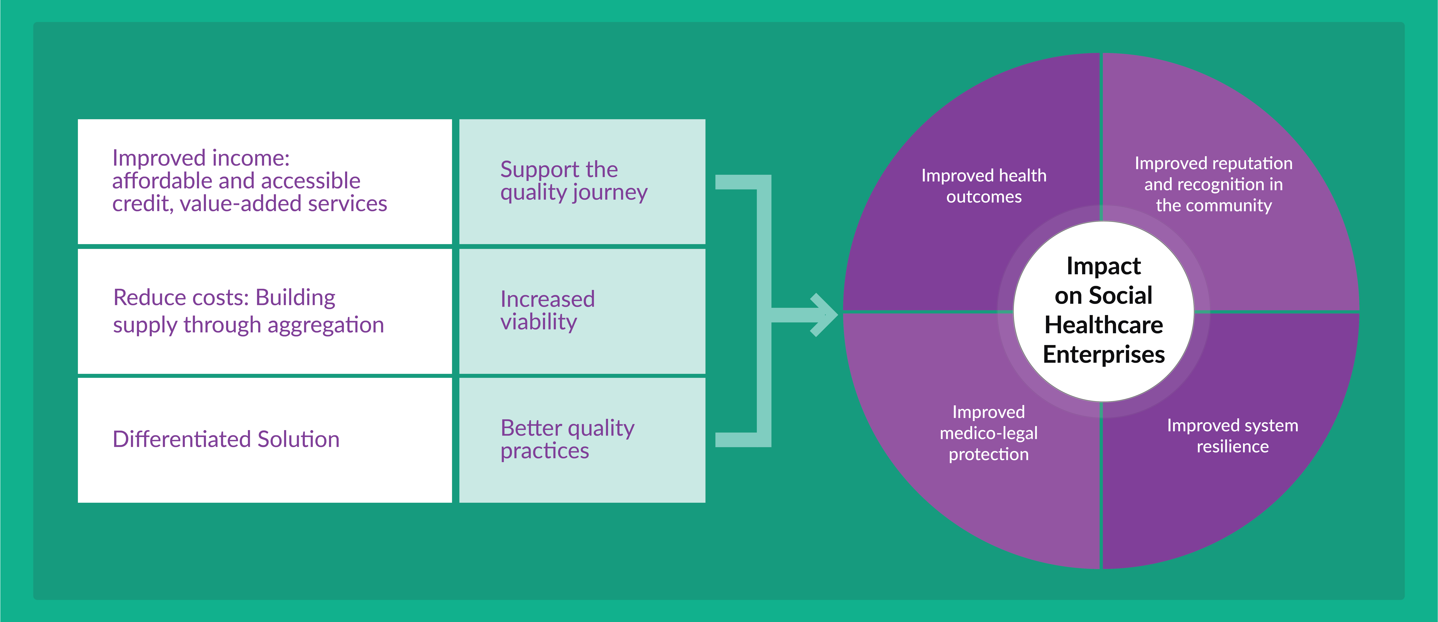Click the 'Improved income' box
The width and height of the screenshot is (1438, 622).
click(x=265, y=181)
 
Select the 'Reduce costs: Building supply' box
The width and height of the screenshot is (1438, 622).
click(x=265, y=311)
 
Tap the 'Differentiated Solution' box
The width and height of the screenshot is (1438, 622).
click(x=265, y=440)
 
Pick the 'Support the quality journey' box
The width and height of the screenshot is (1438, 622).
click(x=582, y=181)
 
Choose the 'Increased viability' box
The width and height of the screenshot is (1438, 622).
click(x=582, y=311)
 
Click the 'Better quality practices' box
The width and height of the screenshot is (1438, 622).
click(x=582, y=440)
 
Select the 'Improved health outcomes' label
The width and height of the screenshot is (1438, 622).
click(x=984, y=186)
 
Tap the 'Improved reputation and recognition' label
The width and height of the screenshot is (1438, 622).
click(x=1214, y=184)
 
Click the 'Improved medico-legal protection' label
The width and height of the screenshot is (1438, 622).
click(x=989, y=433)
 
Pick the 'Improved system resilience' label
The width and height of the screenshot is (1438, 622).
click(x=1233, y=436)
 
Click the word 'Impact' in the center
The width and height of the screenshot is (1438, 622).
click(x=1104, y=266)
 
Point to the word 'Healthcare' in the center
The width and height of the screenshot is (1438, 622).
click(x=1104, y=325)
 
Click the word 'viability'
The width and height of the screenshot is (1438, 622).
click(x=539, y=322)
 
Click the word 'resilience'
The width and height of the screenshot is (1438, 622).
click(x=1233, y=446)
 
